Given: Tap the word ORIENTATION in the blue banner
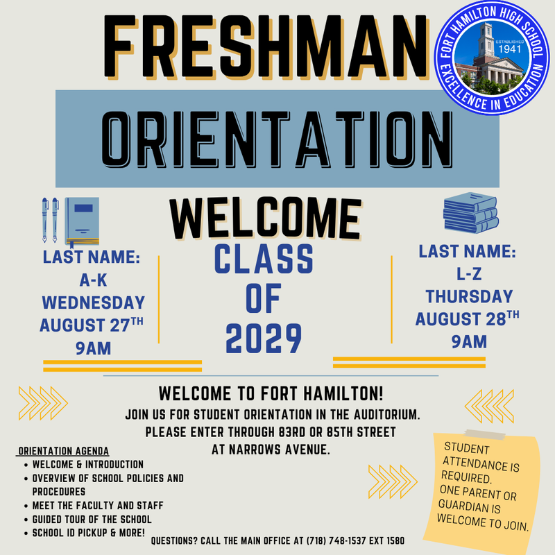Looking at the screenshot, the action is tap(277, 139).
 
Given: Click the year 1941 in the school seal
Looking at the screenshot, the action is tap(509, 49).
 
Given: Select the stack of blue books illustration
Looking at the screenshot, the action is tap(471, 212).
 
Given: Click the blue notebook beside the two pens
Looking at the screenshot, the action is tap(82, 221).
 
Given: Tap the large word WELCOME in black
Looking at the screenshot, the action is tap(266, 219).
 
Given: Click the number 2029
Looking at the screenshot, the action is tap(264, 338).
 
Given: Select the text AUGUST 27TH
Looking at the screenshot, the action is tap(92, 325).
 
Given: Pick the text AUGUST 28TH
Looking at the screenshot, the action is tap(467, 318).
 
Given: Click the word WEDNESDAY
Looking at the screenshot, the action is tap(94, 302).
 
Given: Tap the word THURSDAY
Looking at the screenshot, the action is tap(469, 296).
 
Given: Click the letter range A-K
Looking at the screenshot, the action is tap(93, 280).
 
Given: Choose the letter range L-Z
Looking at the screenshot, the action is tap(469, 273).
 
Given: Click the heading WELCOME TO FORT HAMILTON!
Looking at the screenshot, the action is tap(271, 393).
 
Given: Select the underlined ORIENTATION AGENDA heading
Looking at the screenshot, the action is tap(63, 451).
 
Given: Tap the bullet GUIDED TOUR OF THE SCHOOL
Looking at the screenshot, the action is tap(92, 519).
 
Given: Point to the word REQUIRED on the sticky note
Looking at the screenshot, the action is tap(466, 477).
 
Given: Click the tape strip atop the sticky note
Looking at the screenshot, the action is tap(485, 435).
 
